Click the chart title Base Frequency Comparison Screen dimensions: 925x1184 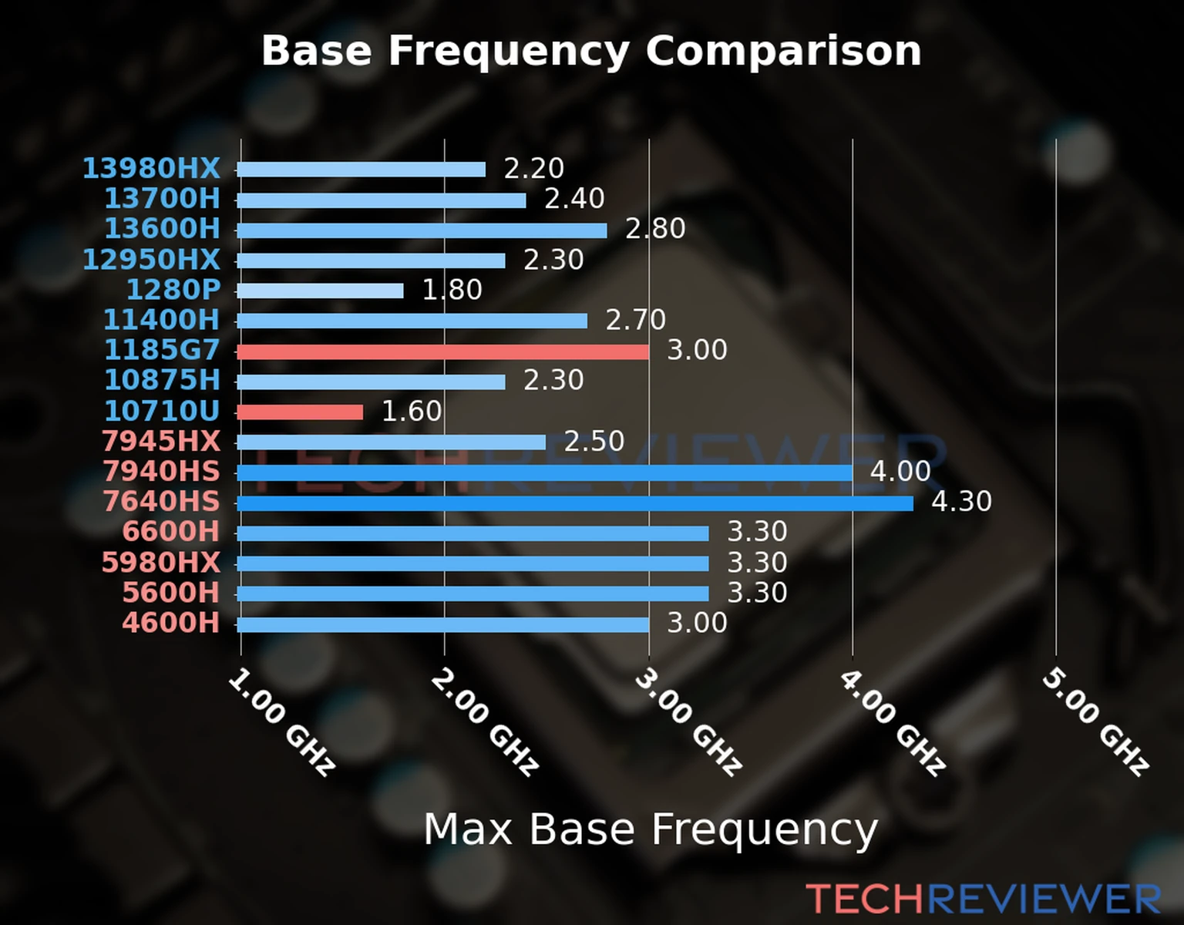click(x=591, y=52)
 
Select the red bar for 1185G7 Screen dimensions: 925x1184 click(x=442, y=351)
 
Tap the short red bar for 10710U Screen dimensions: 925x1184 click(x=300, y=412)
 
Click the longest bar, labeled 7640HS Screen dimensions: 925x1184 click(x=574, y=503)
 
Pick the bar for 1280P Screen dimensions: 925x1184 click(x=320, y=291)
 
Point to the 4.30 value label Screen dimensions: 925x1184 click(x=961, y=502)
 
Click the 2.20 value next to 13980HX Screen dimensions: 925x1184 click(x=533, y=169)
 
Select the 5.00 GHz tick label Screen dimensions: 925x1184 click(x=1095, y=721)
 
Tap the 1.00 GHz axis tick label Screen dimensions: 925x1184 click(x=281, y=721)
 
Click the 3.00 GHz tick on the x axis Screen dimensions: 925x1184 click(x=688, y=721)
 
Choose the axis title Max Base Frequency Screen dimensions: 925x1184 click(x=651, y=830)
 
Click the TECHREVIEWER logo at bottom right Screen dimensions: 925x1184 click(x=983, y=899)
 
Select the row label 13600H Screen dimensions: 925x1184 click(x=162, y=229)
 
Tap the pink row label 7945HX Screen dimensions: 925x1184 click(x=160, y=441)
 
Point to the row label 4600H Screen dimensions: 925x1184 click(x=170, y=623)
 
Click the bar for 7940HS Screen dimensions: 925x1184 click(x=544, y=473)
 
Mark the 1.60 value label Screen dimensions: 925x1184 click(x=412, y=411)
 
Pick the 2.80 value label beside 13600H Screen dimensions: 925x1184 click(x=654, y=229)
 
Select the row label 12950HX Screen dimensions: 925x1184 click(x=151, y=260)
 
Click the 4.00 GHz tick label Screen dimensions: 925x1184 click(x=892, y=721)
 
